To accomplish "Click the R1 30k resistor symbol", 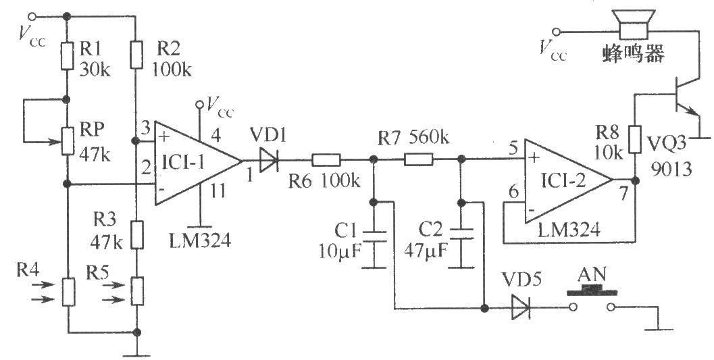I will coord(67,56).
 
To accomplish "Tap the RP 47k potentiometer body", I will coord(67,140).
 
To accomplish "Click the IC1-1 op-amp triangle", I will coord(193,161).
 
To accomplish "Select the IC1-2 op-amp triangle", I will coord(564,181).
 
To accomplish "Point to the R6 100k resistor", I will coord(326,161).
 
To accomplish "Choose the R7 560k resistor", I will coord(418,161).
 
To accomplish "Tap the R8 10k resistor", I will coord(634,138).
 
